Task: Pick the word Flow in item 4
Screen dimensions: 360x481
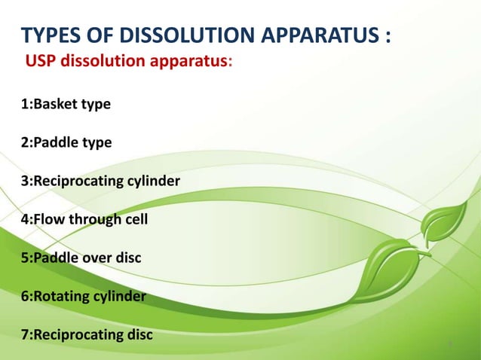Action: point(47,220)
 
